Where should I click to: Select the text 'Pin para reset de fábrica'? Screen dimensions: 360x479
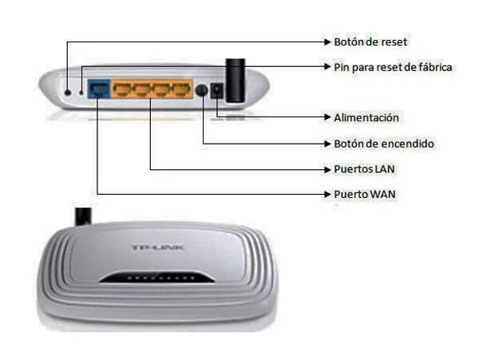tap(392, 67)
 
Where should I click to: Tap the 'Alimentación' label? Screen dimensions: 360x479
tap(366, 117)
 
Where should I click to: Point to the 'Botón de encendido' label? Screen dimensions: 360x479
tap(383, 144)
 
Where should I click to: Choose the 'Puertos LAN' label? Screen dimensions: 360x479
tap(364, 169)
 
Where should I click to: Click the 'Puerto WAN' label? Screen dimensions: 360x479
tap(364, 194)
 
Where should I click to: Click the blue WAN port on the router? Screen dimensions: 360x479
tap(97, 89)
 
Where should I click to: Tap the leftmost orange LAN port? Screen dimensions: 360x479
tap(122, 89)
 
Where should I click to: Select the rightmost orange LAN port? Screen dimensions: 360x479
tap(182, 89)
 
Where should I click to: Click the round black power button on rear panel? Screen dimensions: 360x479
tap(203, 91)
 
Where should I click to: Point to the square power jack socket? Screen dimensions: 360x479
tap(217, 92)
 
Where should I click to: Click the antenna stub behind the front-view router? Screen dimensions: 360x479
tap(83, 216)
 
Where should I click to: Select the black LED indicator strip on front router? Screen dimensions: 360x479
tap(156, 279)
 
